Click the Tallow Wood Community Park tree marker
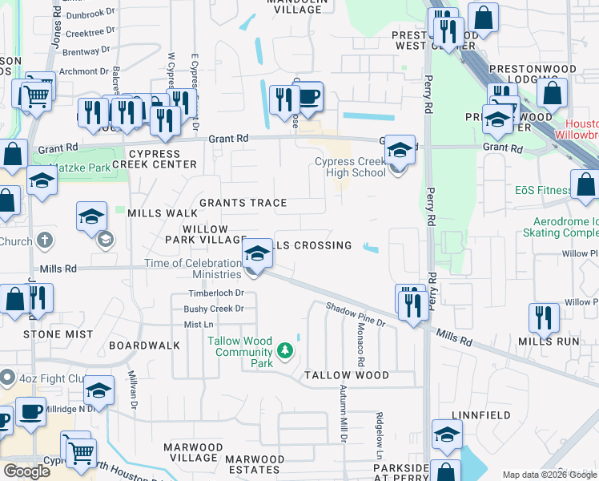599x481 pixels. coord(284,351)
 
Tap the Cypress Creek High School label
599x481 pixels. coord(350,167)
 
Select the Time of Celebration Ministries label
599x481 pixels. coord(192,269)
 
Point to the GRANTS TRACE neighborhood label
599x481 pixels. coord(243,203)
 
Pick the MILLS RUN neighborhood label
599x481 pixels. coord(549,341)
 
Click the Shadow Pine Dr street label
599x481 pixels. coord(356,313)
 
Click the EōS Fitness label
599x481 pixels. coord(543,191)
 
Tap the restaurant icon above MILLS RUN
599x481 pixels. coord(544,318)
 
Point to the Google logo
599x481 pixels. coord(27,471)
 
